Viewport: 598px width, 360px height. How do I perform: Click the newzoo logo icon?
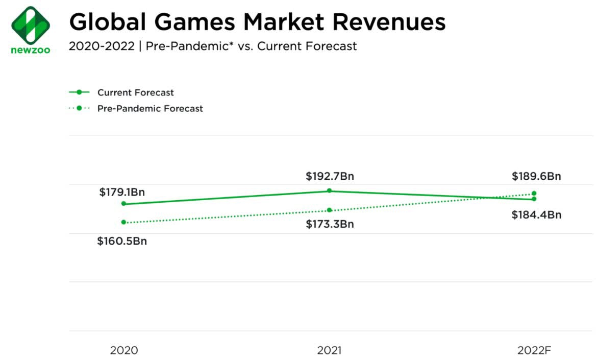(31, 25)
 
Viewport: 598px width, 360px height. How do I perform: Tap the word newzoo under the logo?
(31, 50)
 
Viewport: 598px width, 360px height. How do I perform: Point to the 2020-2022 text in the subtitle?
(101, 46)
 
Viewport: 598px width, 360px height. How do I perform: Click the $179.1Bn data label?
(122, 193)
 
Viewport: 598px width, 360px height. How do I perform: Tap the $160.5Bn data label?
(122, 241)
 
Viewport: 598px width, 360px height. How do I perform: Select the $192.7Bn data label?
(330, 176)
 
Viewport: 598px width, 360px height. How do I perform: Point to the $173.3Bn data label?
(330, 224)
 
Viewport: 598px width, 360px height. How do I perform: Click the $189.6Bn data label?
(536, 176)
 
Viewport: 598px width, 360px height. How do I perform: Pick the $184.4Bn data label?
(536, 215)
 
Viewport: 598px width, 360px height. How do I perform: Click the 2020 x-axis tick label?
(124, 350)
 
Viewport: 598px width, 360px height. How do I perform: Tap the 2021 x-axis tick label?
(329, 350)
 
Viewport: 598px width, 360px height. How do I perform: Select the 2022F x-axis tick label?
(534, 350)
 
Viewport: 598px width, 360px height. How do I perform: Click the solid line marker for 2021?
(329, 190)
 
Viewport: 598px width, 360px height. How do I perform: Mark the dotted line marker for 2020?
(123, 222)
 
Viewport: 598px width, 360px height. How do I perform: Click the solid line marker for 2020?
(123, 204)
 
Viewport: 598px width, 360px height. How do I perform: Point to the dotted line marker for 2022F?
(534, 194)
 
